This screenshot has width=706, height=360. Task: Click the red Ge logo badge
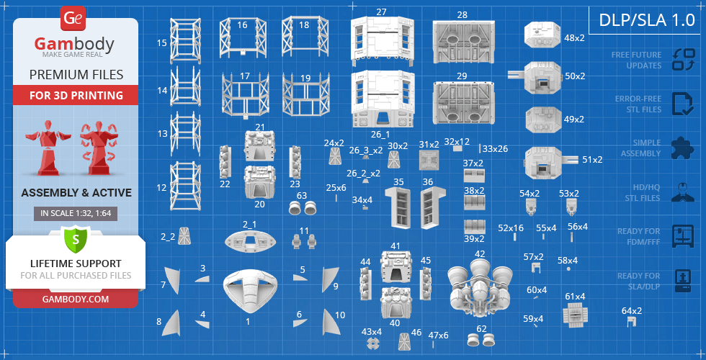72,19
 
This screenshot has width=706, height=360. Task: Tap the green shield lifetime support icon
75,239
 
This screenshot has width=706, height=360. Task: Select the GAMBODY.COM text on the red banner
75,299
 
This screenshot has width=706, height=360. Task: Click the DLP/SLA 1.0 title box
647,20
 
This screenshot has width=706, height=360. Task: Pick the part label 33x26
495,148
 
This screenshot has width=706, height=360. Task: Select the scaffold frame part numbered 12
184,186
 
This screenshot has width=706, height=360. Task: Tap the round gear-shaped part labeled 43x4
372,344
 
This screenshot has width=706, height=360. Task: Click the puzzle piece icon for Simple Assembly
682,148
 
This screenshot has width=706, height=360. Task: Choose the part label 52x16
511,228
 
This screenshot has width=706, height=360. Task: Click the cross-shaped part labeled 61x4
575,314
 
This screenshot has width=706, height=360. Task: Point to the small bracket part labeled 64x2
633,322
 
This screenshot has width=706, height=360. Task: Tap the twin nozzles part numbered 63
302,208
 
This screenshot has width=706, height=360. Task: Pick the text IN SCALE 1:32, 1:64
75,214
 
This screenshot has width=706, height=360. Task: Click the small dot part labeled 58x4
568,269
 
